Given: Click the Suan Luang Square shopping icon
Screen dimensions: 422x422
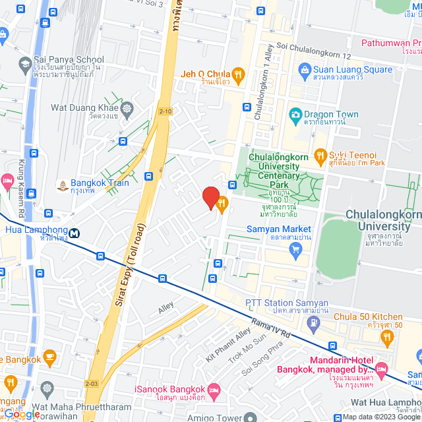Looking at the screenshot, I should coord(305,69).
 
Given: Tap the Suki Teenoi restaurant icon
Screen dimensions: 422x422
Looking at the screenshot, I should coord(320,156).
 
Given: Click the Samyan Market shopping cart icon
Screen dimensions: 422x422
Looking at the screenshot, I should coord(295,249).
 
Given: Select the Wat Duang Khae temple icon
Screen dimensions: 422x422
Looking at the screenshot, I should coord(127,107).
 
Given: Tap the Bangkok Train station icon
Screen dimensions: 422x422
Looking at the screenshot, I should coord(61,185).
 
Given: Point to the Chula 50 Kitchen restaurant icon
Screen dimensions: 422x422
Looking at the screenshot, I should coord(388,337).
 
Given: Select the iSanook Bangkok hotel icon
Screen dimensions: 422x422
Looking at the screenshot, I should coord(214,394).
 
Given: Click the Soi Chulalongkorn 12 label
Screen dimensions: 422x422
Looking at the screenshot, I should coord(314,46).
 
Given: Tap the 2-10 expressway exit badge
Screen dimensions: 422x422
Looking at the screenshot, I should coord(166,111).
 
